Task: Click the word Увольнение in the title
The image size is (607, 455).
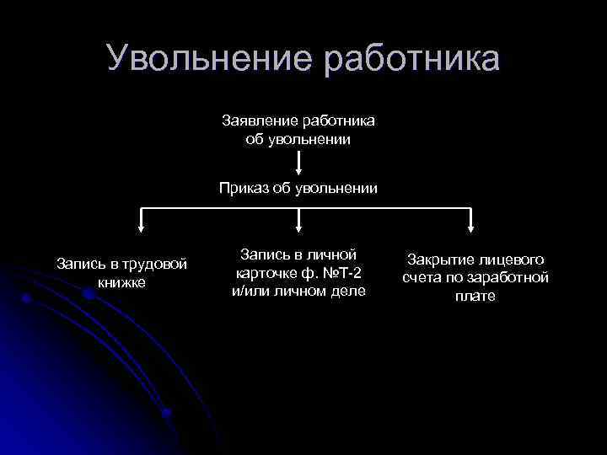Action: (202, 59)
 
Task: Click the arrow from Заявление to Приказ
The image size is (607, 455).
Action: (298, 163)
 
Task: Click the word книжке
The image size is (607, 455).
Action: (121, 282)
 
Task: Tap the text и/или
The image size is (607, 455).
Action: (251, 291)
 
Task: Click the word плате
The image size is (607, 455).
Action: (475, 296)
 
